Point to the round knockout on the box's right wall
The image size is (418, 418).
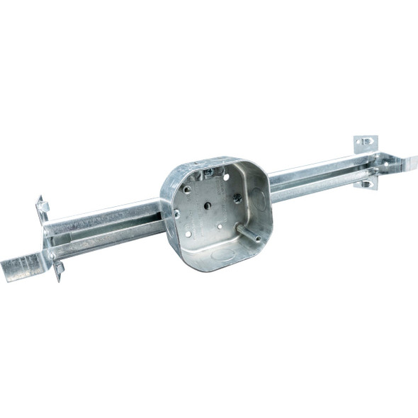click(x=259, y=200)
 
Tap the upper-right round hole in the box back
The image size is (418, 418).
click(x=226, y=177)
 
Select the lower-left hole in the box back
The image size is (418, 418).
click(x=188, y=234)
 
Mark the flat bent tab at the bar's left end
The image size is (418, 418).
click(x=21, y=269)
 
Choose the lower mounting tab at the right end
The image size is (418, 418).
click(x=366, y=183)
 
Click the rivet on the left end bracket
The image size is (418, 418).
click(x=50, y=241)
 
